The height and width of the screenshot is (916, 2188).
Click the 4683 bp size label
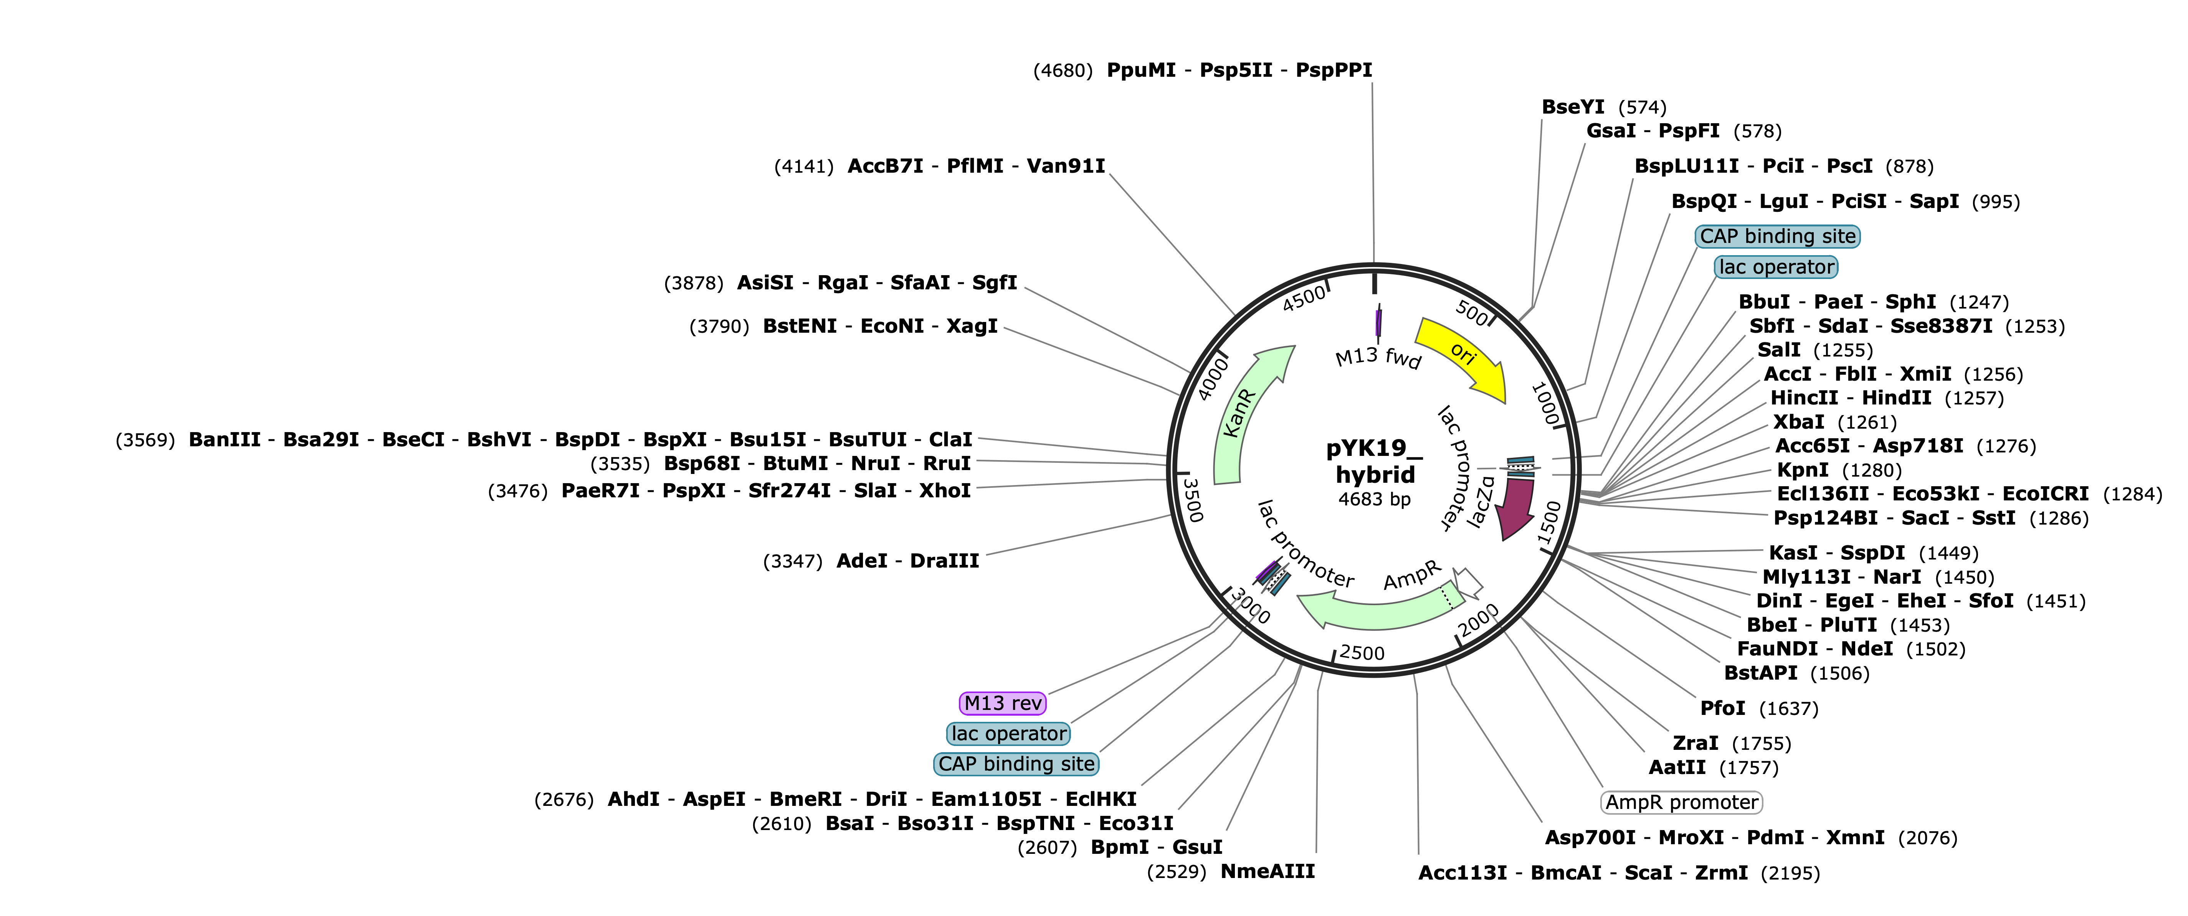pyautogui.click(x=1374, y=499)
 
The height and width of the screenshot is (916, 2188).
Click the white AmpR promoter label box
pyautogui.click(x=1682, y=802)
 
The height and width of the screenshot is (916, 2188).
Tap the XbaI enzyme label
pyautogui.click(x=1798, y=422)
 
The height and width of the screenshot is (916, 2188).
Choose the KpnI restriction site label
pyautogui.click(x=1802, y=469)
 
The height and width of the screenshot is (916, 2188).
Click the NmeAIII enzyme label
pyautogui.click(x=1267, y=871)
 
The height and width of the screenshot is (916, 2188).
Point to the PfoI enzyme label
pyautogui.click(x=1722, y=708)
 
